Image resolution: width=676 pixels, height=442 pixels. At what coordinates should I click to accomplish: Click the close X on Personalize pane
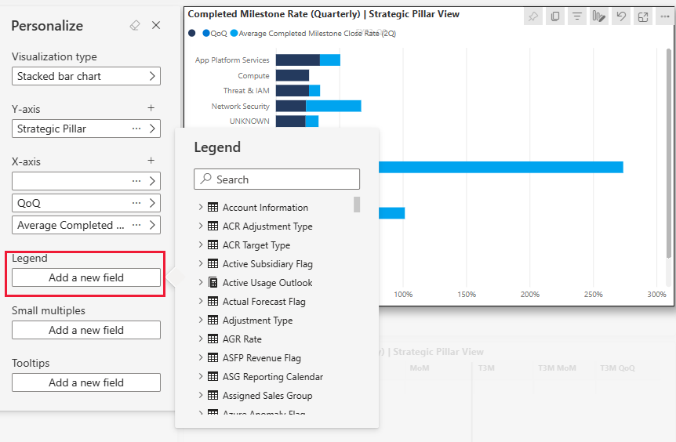click(156, 25)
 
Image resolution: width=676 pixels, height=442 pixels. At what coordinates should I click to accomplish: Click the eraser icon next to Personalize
click(135, 25)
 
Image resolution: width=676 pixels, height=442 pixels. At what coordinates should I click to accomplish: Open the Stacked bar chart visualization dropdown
click(86, 76)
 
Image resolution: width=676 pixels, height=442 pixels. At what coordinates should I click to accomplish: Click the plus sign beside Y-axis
click(151, 108)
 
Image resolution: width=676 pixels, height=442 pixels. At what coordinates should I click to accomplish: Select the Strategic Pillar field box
click(71, 129)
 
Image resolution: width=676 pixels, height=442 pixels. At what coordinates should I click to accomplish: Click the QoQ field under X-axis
click(71, 203)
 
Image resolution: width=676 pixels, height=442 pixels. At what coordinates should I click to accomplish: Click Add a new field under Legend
click(86, 277)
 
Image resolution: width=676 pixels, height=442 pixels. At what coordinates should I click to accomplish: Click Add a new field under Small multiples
click(86, 330)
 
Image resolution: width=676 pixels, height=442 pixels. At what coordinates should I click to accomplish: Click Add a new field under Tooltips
click(86, 382)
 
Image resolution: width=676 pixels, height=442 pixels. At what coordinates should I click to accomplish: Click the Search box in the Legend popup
click(277, 179)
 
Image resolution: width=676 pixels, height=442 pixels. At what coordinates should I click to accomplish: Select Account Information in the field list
click(265, 208)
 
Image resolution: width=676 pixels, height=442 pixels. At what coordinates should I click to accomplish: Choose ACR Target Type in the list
click(256, 245)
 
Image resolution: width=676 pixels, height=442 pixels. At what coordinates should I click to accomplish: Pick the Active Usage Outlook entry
click(267, 283)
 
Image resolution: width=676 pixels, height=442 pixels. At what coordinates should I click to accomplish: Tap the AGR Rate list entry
click(242, 339)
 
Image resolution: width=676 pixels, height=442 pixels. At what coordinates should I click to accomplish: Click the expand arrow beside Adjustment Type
click(201, 321)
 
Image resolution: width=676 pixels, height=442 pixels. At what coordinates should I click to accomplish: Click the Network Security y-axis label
click(240, 106)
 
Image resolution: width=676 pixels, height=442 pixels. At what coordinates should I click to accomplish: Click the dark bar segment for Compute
click(292, 75)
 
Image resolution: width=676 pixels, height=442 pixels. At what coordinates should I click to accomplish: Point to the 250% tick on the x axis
click(593, 295)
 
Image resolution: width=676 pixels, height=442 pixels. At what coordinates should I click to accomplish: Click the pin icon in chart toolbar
click(533, 16)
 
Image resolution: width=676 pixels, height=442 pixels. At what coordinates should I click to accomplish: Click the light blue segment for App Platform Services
click(330, 60)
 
